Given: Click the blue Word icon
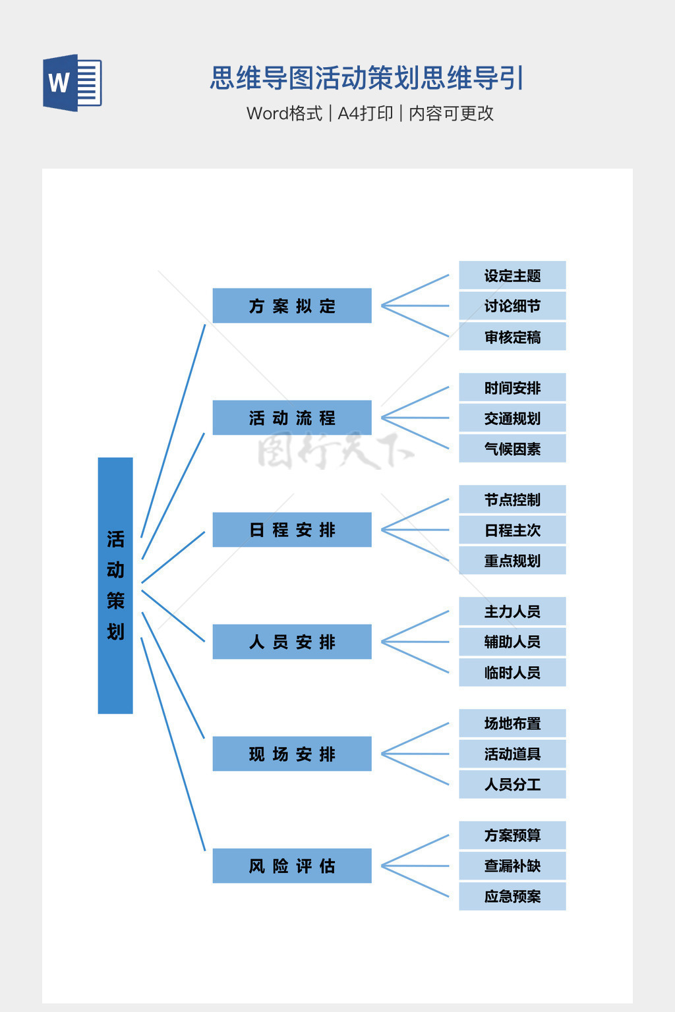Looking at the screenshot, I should coord(72,82).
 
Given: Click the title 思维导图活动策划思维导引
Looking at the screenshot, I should coord(367,78).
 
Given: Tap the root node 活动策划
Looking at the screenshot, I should coord(115,585).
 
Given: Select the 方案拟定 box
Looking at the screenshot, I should coord(292,306).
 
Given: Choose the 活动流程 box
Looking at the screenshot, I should coord(292,418).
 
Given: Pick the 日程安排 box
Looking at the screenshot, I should coord(292,530).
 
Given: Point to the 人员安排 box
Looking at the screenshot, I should coord(292,642).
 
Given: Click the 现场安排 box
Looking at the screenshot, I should coord(292,754).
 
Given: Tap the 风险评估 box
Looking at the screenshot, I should coord(292,866).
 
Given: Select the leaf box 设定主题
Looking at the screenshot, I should coord(512,275).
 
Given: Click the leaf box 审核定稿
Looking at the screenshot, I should coord(512,337).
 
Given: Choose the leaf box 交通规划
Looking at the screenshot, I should coord(512,418).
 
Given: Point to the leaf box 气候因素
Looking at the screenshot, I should coord(512,449).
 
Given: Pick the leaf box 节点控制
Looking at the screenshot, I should coord(512,499).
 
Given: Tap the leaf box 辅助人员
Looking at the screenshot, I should coord(512,642).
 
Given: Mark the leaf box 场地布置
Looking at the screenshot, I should coord(512,723).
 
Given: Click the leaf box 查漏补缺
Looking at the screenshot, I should coord(512,866).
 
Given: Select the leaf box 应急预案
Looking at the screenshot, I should coord(512,896).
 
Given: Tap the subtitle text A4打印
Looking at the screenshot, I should coord(365,113).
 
